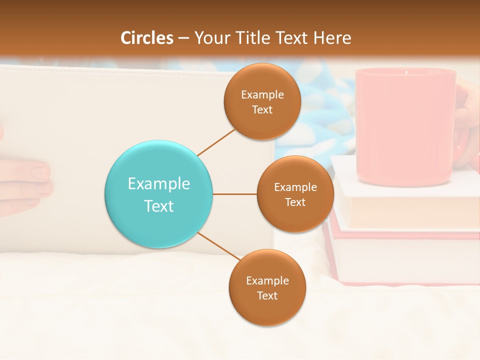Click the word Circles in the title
pyautogui.click(x=147, y=38)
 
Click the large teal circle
pyautogui.click(x=159, y=194)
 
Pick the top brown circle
pyautogui.click(x=262, y=101)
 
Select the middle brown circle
pyautogui.click(x=295, y=194)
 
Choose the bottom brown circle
pyautogui.click(x=267, y=287)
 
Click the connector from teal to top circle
pyautogui.click(x=216, y=141)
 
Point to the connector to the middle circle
pyautogui.click(x=235, y=194)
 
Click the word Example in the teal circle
pyautogui.click(x=159, y=183)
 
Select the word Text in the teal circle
pyautogui.click(x=159, y=206)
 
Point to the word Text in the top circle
pyautogui.click(x=262, y=109)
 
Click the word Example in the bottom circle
pyautogui.click(x=267, y=280)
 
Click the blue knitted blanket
pyautogui.click(x=320, y=115)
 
